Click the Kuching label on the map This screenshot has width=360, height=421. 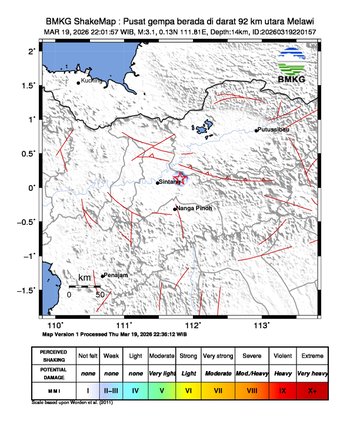click(x=92, y=81)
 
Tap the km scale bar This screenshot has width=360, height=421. click(x=85, y=287)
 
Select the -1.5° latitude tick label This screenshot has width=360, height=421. click(x=32, y=290)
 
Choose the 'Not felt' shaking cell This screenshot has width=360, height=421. click(x=88, y=355)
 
